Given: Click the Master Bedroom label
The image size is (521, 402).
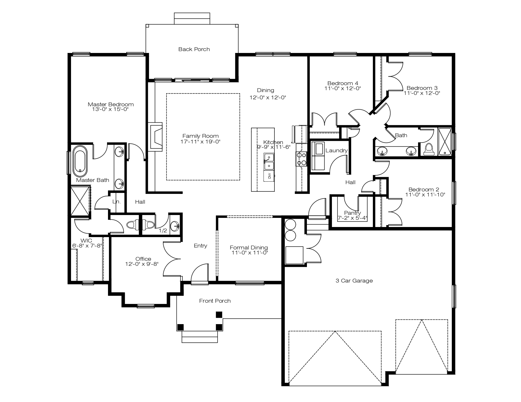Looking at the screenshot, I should [111, 104].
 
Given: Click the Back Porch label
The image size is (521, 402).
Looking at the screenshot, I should [194, 49].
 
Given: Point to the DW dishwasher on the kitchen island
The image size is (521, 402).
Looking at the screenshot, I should [269, 176].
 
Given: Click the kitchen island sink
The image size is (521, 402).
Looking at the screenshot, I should [269, 161].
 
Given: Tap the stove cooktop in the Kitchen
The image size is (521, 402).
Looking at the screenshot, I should [301, 159].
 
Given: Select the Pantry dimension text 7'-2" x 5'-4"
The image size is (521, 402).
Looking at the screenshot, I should [352, 218].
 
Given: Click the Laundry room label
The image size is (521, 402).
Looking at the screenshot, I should [336, 150].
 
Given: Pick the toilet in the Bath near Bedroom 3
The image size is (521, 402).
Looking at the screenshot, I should [429, 149].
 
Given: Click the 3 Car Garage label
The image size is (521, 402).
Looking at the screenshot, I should [354, 281].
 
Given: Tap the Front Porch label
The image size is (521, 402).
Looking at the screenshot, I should [215, 301].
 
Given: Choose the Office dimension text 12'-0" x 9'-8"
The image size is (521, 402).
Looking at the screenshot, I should [142, 264].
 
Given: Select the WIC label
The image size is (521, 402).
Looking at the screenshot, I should [86, 241].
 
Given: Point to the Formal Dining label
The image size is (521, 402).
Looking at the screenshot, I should [249, 248].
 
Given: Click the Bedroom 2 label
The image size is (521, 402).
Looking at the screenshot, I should [423, 189].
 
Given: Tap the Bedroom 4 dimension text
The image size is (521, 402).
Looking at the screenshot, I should [342, 88].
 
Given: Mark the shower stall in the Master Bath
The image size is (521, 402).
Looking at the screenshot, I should [80, 201].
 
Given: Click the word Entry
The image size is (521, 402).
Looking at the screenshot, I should [201, 246].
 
